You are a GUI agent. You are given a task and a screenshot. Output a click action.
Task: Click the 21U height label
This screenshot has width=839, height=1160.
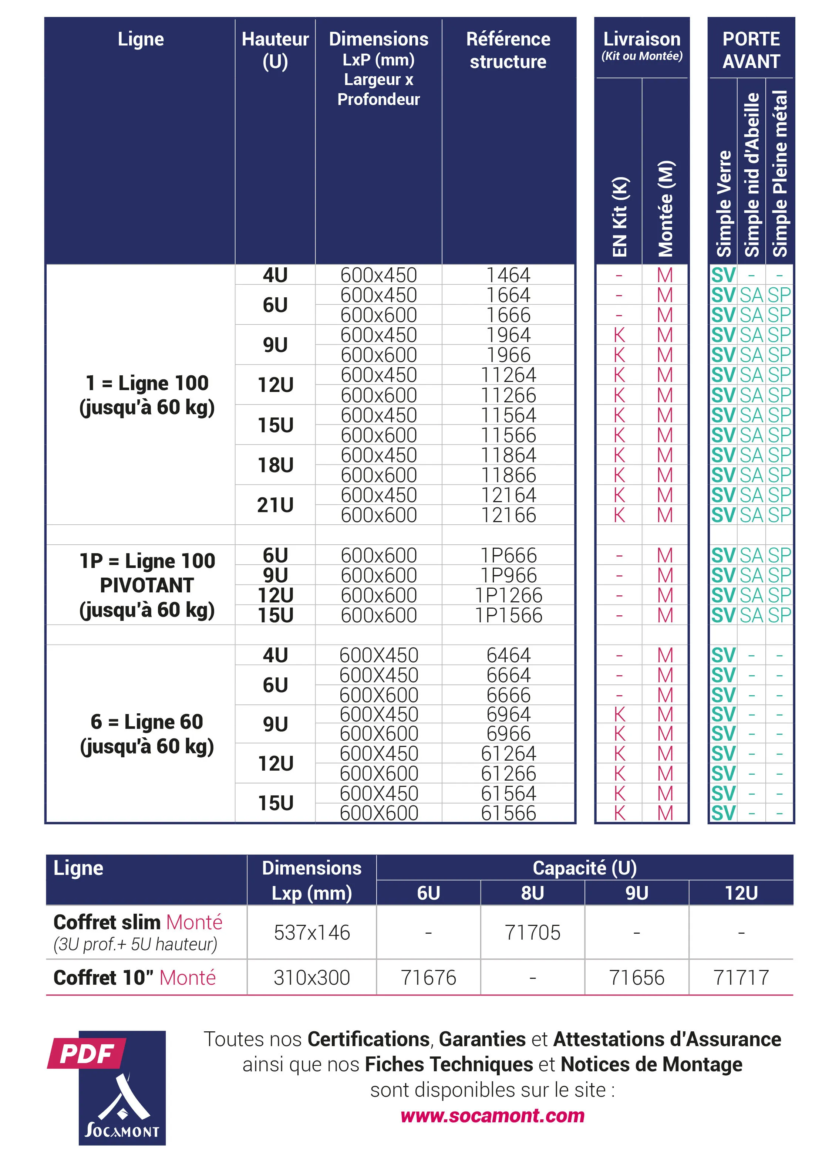point(275,505)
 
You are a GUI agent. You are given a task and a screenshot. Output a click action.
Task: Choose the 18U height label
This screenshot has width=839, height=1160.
point(275,465)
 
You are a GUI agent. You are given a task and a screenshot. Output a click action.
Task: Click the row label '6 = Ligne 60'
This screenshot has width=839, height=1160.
point(147,722)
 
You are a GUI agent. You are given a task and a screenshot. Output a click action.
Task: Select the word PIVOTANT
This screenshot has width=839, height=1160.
point(147,585)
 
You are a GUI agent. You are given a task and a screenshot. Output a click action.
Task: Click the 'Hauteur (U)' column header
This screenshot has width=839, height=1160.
point(275,50)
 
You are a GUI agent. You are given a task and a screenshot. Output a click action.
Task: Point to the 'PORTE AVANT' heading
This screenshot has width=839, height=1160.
point(751,50)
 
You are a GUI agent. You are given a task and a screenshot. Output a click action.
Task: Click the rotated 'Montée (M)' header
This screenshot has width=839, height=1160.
point(666,209)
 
